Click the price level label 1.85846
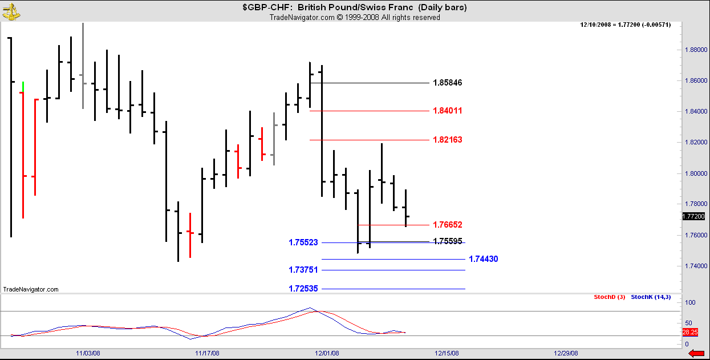pos(447,83)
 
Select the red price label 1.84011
pos(447,111)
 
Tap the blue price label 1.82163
pos(447,140)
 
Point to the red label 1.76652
pos(447,225)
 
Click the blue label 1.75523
pos(303,243)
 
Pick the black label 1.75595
pos(447,241)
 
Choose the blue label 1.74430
pos(483,259)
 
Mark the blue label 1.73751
pos(303,270)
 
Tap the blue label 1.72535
pos(303,289)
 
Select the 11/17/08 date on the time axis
pos(208,353)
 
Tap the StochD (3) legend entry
pos(610,297)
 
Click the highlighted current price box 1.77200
pos(693,216)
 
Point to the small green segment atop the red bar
pos(22,86)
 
